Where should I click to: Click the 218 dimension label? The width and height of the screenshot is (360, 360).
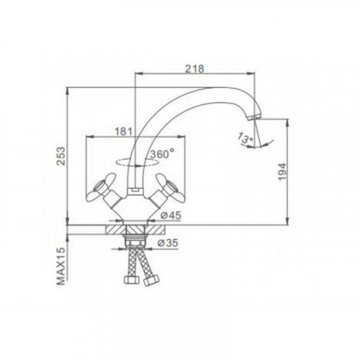(194, 68)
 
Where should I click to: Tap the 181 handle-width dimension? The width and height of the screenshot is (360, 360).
(124, 132)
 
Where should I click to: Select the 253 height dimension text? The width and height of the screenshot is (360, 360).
(62, 156)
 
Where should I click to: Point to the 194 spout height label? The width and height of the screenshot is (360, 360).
(283, 171)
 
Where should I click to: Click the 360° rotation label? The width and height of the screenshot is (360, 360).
(162, 153)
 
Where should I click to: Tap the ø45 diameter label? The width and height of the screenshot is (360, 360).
(171, 215)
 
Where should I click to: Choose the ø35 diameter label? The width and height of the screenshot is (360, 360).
(168, 243)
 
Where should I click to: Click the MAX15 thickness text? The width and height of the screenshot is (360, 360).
(62, 266)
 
